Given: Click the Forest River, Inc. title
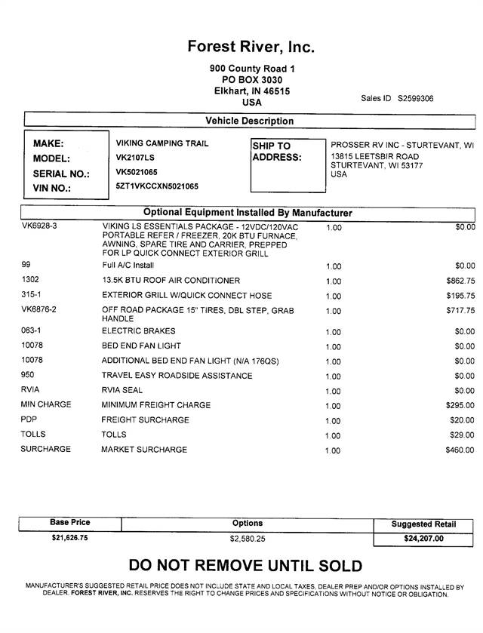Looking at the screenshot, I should [251, 47].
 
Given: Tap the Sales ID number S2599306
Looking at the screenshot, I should [416, 98].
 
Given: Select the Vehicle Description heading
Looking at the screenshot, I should [250, 121].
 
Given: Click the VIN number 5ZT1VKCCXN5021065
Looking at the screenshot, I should [157, 186].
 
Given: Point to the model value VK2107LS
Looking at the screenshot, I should [135, 158].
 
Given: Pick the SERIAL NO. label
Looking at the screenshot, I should [61, 174].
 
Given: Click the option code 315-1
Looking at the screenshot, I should [34, 295].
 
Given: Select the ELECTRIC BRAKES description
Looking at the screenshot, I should [138, 331].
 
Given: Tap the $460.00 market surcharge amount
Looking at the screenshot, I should [460, 450].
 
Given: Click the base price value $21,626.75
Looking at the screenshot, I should [69, 538].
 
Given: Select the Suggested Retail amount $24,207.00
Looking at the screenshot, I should [423, 539].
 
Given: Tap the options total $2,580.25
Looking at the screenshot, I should [248, 539].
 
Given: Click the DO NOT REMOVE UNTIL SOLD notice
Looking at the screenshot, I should [245, 566].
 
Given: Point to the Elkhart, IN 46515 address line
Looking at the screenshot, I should [252, 91].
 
